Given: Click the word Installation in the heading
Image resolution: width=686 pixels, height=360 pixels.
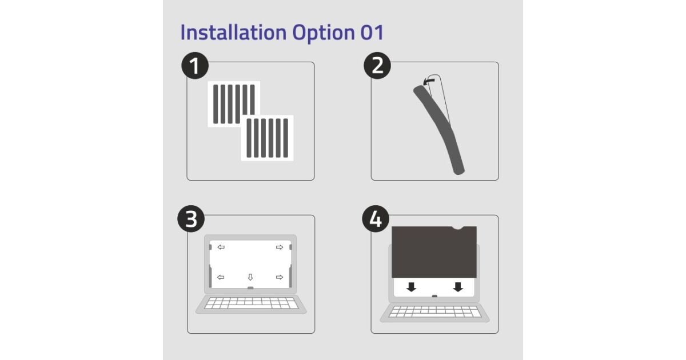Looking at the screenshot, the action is point(233,32).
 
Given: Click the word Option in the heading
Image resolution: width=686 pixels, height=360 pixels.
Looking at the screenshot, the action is point(324,33).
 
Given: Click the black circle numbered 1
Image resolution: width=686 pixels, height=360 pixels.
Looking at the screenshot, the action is point(195,66).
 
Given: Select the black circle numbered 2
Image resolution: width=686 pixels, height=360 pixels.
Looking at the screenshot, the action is point(377,66).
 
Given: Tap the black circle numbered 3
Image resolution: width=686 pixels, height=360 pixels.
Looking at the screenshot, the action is point(191,218).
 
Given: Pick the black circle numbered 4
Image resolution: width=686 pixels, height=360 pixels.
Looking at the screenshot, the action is point(376,218).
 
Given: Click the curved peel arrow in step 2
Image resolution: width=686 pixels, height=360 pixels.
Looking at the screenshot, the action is point(428,81).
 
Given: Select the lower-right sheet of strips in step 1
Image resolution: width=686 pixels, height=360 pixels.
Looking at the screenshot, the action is point(268,138).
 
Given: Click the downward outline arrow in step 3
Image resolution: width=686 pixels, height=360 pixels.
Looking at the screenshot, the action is point(250,277).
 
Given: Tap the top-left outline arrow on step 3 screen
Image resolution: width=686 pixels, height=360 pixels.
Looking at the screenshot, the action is point(221,247).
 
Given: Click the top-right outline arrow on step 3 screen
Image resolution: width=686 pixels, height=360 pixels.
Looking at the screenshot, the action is point(280,247).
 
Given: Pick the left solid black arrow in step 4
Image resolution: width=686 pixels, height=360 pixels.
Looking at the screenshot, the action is point(411,287).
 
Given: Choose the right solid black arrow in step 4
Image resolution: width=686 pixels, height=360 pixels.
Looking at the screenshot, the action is point(458,287).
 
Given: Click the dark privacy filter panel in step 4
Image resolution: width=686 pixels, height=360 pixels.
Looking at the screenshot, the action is point(434,252).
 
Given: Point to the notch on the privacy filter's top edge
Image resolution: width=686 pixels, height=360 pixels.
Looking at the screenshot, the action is point(458,227).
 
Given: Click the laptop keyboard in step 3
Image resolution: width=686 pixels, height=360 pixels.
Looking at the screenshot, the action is point(251,303).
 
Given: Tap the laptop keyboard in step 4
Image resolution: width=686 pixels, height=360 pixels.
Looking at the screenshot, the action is point(434,311).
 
